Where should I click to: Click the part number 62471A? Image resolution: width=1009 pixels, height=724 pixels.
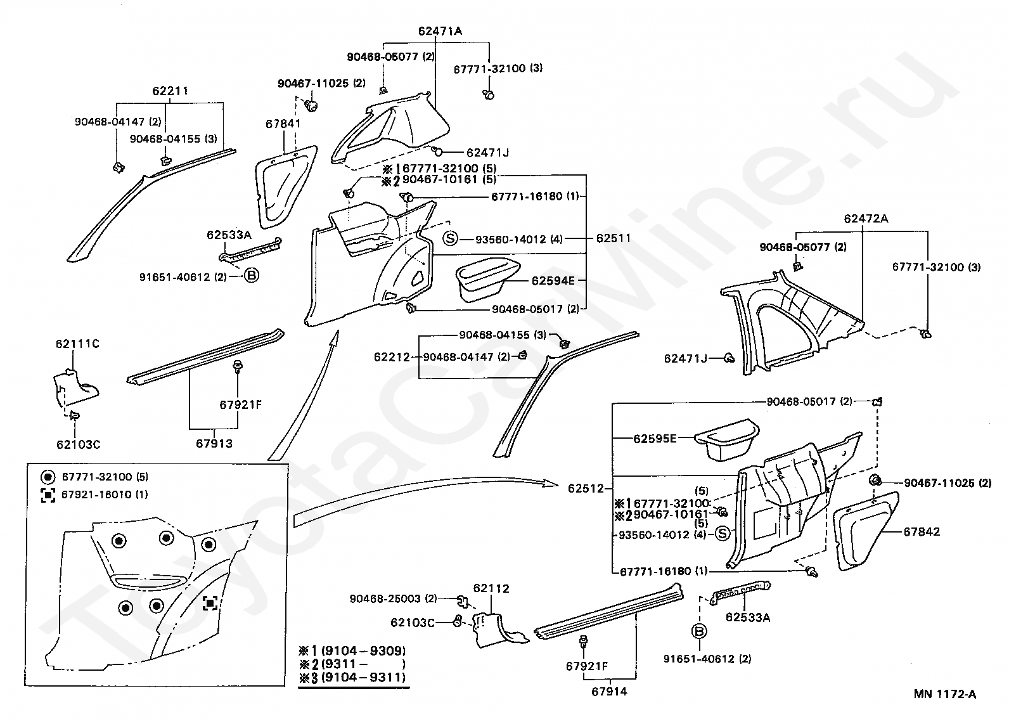(440, 30)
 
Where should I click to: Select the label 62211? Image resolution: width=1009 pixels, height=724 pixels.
(170, 91)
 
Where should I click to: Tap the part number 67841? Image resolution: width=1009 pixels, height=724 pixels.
(283, 124)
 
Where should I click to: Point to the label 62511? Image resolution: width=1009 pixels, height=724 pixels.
(614, 239)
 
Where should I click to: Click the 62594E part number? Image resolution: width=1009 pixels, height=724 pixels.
(553, 280)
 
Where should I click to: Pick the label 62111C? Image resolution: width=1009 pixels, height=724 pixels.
(77, 344)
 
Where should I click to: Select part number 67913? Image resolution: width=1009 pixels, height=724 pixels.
(214, 444)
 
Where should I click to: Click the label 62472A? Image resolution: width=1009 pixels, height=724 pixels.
(866, 219)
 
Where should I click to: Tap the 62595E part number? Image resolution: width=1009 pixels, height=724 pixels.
(655, 438)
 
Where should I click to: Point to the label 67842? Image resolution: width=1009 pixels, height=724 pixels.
(922, 532)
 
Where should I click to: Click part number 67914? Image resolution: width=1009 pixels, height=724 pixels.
(609, 692)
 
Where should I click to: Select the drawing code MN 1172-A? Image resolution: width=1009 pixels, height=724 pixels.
(944, 694)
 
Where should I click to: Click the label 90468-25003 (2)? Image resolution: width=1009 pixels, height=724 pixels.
(393, 598)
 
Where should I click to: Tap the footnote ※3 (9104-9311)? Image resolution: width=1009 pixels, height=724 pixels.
(353, 678)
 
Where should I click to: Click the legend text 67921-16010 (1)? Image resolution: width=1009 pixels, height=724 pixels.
(105, 495)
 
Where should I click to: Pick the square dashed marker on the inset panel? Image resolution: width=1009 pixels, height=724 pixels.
(210, 603)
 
